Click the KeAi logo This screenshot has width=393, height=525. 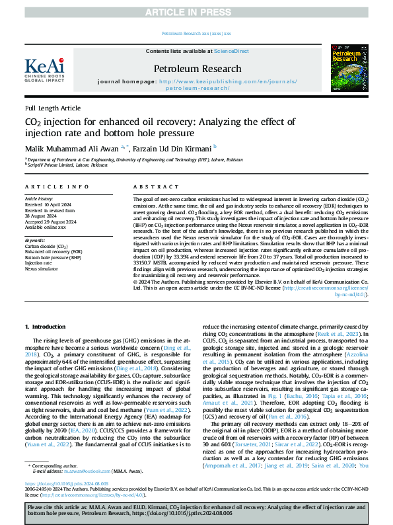click(44, 67)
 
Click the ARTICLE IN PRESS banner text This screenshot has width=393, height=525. click(196, 13)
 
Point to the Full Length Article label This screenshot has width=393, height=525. click(53, 108)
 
